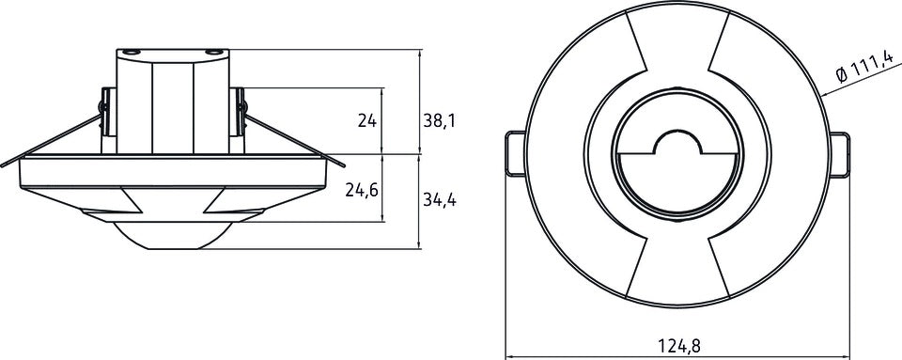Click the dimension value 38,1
(440, 121)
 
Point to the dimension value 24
(366, 121)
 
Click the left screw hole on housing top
(132, 51)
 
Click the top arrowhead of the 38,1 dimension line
(419, 54)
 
